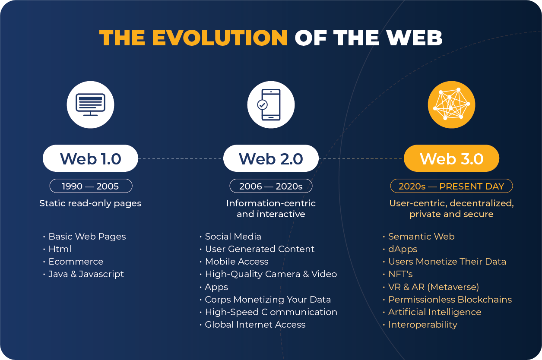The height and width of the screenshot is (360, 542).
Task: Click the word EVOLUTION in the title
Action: click(220, 38)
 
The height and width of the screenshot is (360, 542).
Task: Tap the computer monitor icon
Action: click(91, 105)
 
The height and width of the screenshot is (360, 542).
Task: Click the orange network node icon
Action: click(451, 105)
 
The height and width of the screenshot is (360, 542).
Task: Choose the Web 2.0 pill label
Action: click(271, 158)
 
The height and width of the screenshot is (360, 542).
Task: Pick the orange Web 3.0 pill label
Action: click(451, 158)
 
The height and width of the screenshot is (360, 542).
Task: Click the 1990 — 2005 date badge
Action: click(91, 186)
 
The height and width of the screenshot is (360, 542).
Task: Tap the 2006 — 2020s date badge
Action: click(271, 186)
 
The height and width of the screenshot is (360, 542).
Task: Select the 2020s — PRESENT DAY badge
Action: click(451, 186)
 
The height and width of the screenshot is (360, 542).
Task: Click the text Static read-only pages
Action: click(90, 203)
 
